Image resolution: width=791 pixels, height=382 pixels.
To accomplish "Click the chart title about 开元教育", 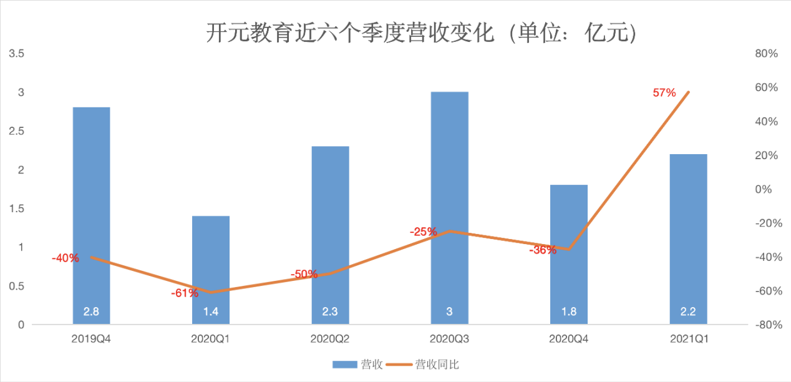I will coord(421,32).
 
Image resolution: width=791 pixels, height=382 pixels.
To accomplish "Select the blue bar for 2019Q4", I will coord(91,212).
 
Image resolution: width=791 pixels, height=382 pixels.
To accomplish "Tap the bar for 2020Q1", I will coord(211,268).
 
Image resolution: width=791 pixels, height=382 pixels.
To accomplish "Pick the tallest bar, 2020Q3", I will coord(449,206).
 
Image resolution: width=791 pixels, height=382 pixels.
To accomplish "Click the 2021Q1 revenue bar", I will coord(688,237).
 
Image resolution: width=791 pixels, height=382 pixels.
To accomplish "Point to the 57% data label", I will coord(664,93).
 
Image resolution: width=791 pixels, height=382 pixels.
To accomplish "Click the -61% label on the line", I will coord(185,292).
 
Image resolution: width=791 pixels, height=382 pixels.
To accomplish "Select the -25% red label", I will coord(423,232).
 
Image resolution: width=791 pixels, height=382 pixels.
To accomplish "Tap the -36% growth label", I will coord(542,250).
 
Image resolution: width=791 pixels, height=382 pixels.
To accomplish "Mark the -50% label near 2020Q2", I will coord(304,274).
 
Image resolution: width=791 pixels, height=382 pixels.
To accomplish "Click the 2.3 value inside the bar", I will coord(330,312).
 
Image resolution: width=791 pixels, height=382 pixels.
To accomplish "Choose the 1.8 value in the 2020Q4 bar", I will coord(568,312).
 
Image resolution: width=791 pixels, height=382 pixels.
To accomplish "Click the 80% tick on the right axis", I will coord(766,54).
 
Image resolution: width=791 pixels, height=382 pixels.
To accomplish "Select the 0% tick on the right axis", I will coord(764,189).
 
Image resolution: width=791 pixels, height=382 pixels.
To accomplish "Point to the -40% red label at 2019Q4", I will coord(66,258).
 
